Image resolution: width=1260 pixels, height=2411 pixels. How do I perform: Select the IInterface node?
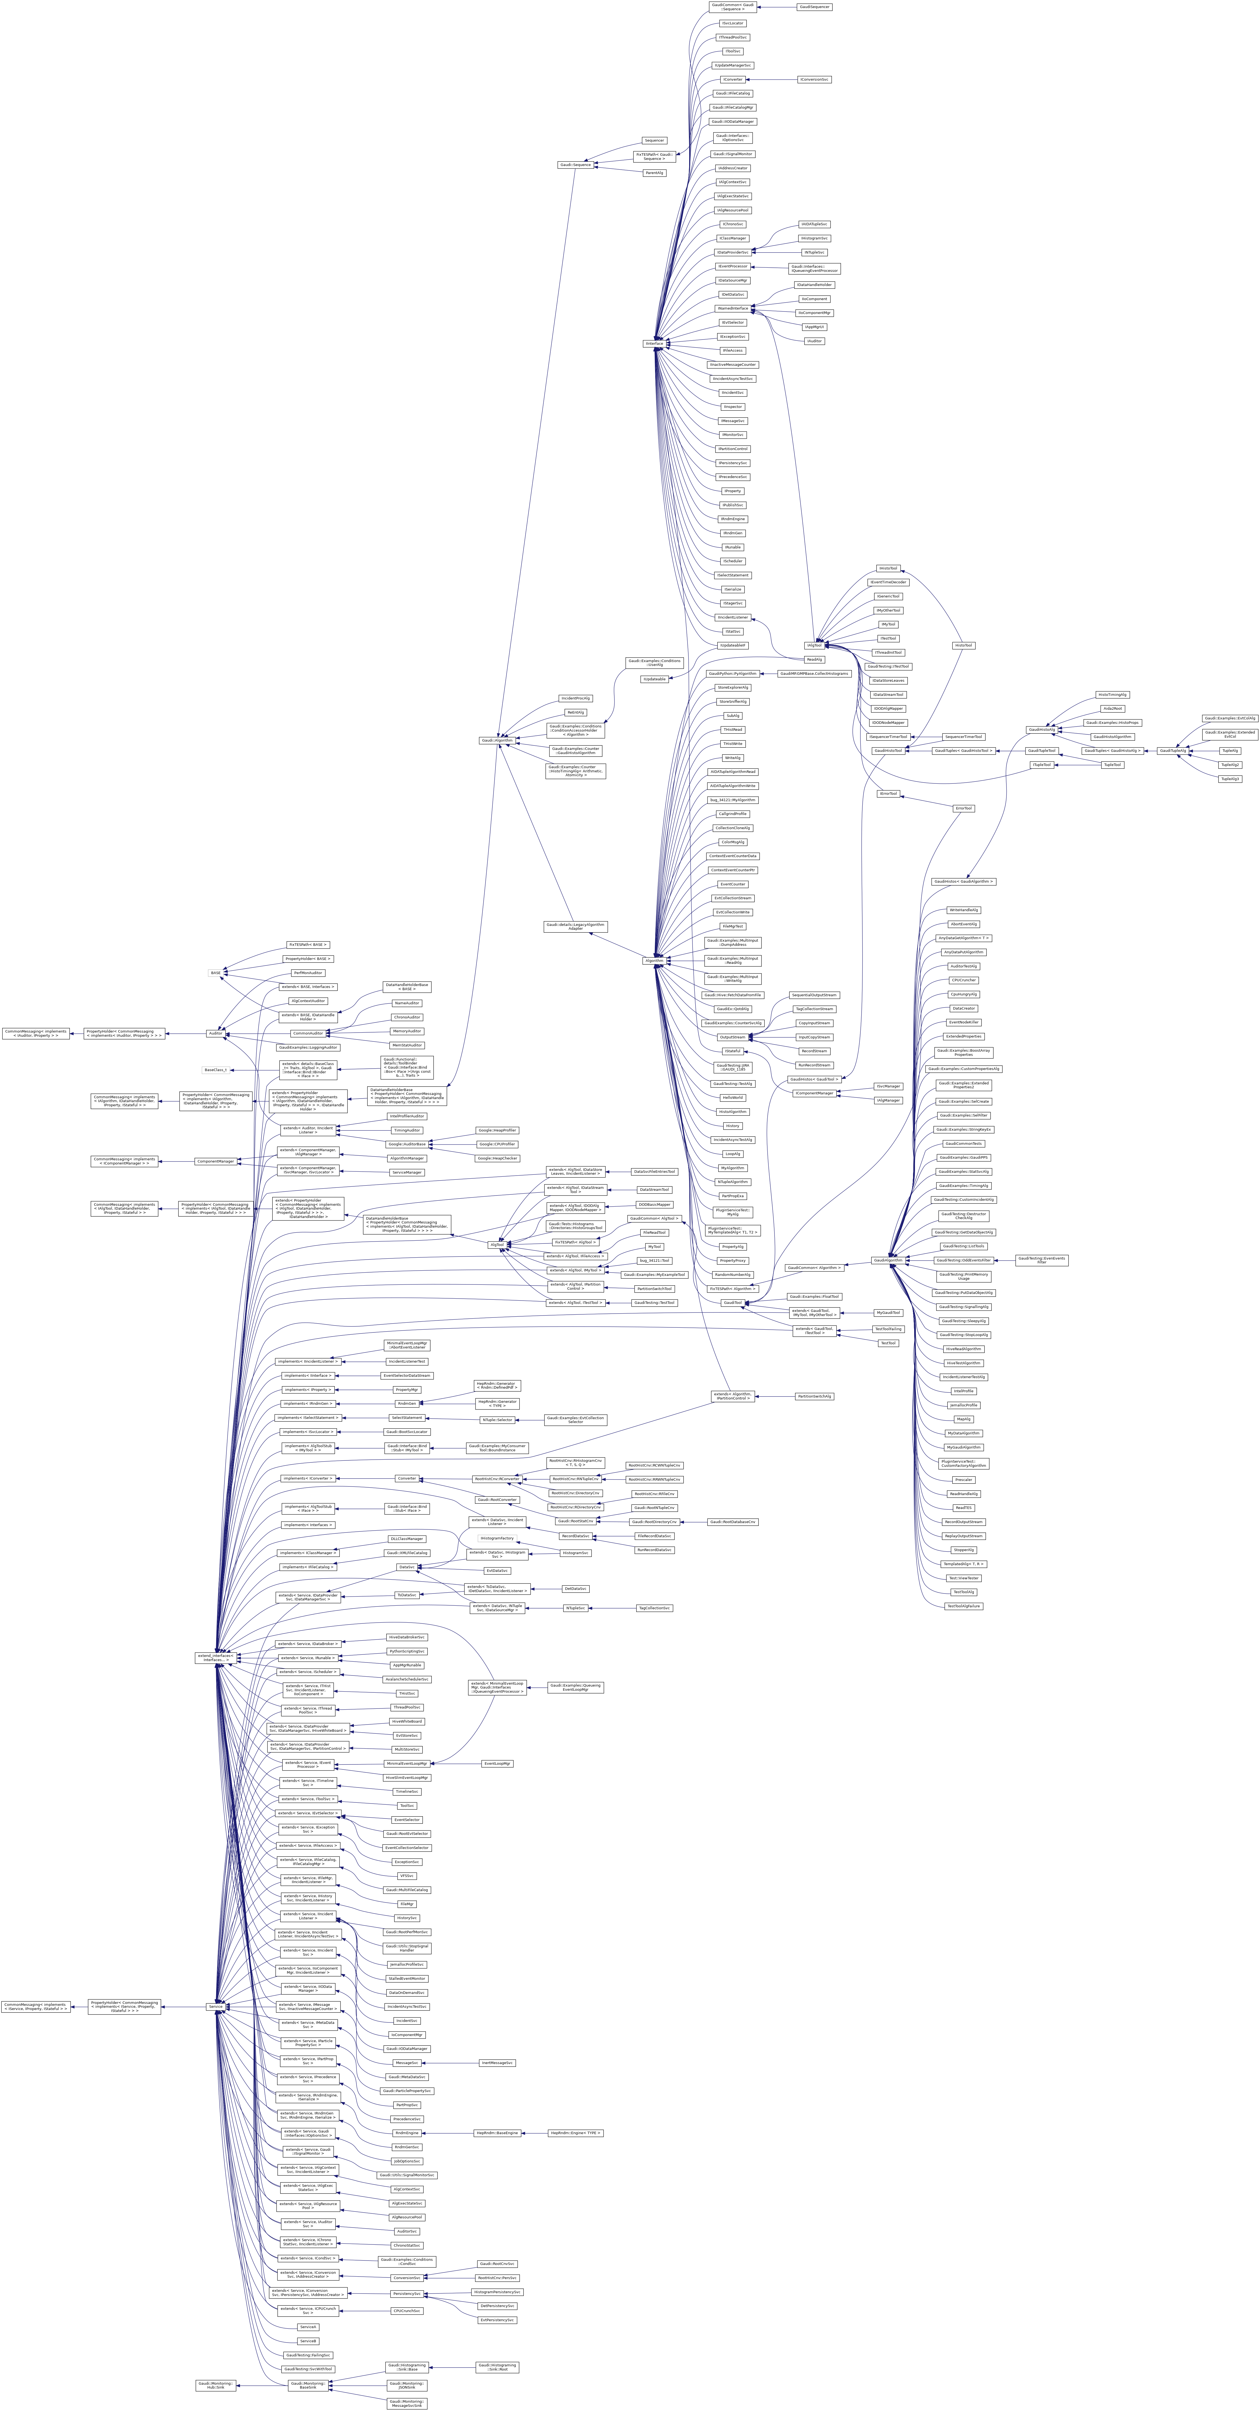click(x=653, y=343)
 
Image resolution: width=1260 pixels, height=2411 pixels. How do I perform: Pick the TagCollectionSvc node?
click(x=654, y=1608)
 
